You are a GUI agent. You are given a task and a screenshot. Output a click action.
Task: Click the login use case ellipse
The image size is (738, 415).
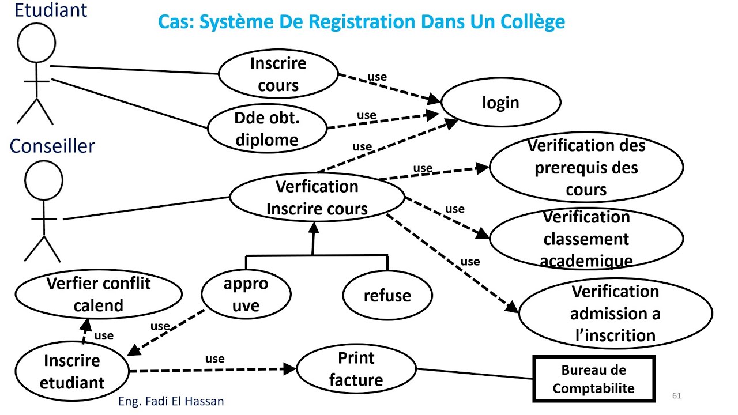pyautogui.click(x=500, y=103)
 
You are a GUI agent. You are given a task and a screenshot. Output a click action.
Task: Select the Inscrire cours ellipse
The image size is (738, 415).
pyautogui.click(x=278, y=74)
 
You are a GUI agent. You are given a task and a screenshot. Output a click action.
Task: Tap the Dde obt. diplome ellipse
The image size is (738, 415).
pyautogui.click(x=266, y=129)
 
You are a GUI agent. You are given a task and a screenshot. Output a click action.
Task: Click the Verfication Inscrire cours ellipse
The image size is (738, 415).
pyautogui.click(x=317, y=197)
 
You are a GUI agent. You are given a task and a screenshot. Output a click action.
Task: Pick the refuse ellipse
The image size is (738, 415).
pyautogui.click(x=387, y=296)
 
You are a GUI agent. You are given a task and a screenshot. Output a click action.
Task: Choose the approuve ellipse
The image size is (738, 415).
pyautogui.click(x=246, y=295)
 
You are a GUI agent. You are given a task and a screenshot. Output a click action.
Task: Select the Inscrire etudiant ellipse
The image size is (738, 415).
pyautogui.click(x=72, y=371)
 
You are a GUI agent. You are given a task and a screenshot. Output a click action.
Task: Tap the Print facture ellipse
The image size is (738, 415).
pyautogui.click(x=356, y=369)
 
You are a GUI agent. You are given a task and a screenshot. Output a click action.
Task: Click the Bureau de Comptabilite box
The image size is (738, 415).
pyautogui.click(x=593, y=379)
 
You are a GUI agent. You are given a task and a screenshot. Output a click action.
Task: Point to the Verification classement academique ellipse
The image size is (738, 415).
pyautogui.click(x=586, y=239)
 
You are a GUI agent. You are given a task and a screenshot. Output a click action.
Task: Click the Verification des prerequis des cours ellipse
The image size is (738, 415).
pyautogui.click(x=586, y=168)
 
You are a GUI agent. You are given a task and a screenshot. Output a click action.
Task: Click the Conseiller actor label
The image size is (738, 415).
pyautogui.click(x=52, y=146)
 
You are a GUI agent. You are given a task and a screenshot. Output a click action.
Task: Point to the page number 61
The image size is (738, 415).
pyautogui.click(x=677, y=396)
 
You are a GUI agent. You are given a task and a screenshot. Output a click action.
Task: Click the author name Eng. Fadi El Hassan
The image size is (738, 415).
pyautogui.click(x=171, y=401)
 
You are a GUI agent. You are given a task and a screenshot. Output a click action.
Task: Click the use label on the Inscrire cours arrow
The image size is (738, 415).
pyautogui.click(x=376, y=77)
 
